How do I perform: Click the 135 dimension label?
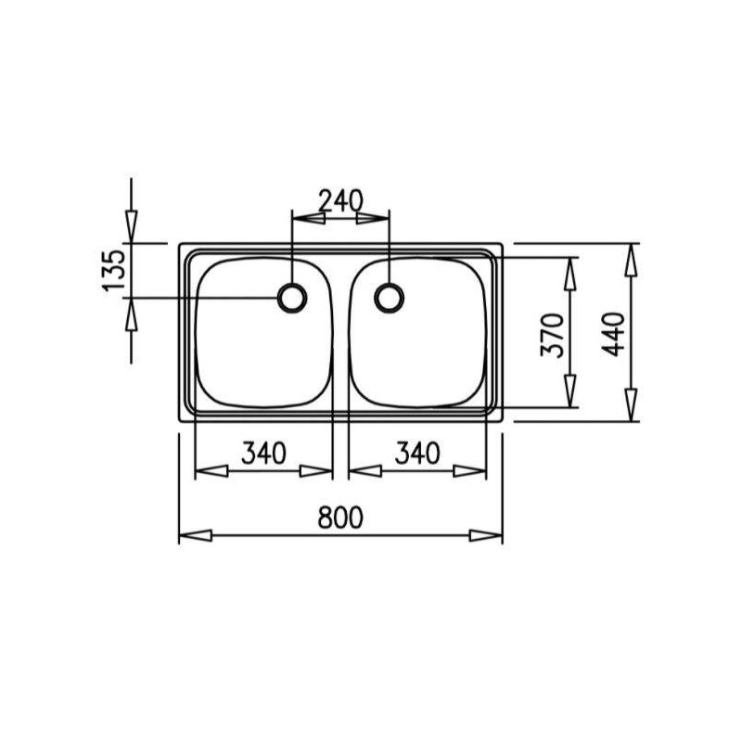[x=113, y=271]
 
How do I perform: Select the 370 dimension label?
[x=552, y=334]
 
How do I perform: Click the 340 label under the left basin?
[x=263, y=454]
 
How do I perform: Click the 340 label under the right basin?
[x=416, y=454]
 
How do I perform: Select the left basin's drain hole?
[x=293, y=297]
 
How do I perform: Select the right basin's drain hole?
[x=389, y=297]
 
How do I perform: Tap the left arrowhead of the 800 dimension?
[x=195, y=535]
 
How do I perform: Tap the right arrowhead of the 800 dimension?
[x=486, y=535]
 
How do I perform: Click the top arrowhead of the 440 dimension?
[x=632, y=260]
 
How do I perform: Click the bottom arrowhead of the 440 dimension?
[x=632, y=404]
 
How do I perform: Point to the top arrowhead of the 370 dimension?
[x=570, y=273]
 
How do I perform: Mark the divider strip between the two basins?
[x=340, y=334]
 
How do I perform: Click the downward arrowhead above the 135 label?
[x=131, y=226]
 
